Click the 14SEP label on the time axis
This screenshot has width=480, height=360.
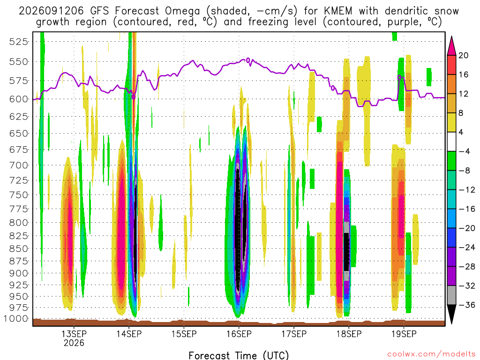click(x=129, y=334)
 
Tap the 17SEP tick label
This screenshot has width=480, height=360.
click(x=294, y=334)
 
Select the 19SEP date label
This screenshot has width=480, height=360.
click(x=404, y=334)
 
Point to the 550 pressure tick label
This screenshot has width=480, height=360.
click(x=19, y=62)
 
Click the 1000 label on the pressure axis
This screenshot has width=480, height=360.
click(x=16, y=319)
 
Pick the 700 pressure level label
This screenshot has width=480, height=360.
click(x=19, y=165)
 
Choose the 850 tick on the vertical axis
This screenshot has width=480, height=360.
click(x=19, y=248)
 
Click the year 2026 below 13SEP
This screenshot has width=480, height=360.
click(x=74, y=343)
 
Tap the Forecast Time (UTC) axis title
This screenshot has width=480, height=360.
click(x=239, y=355)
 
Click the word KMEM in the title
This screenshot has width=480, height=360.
click(x=337, y=11)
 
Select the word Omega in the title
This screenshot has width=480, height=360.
click(x=182, y=11)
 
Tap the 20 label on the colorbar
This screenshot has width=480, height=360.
click(x=463, y=55)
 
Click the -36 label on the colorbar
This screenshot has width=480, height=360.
click(x=467, y=305)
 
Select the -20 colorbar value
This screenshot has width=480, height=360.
click(x=467, y=228)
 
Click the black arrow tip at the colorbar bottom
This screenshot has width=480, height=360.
click(x=451, y=323)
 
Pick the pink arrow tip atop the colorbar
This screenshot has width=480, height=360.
click(x=451, y=37)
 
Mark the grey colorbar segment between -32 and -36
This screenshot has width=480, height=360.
click(x=451, y=295)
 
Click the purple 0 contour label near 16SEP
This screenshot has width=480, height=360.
click(x=248, y=60)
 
